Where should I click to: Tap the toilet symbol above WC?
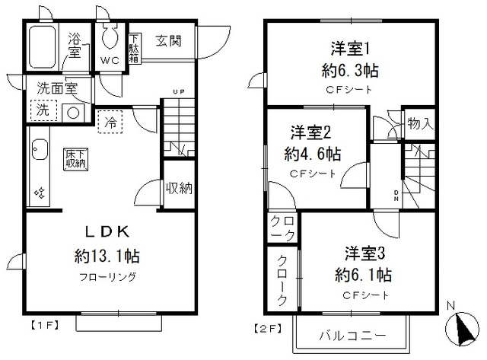pos(109,38)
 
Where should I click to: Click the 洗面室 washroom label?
pos(54,87)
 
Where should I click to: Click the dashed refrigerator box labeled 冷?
pos(111,121)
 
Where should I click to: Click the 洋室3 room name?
pos(361,251)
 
